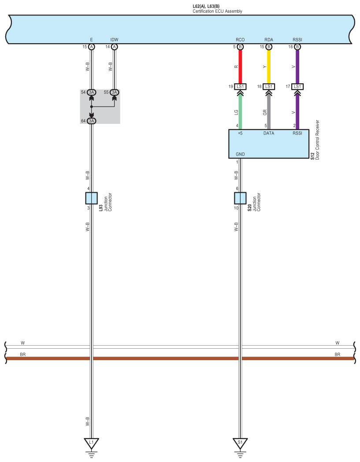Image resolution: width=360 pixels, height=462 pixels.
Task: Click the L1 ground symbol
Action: pyautogui.click(x=91, y=442)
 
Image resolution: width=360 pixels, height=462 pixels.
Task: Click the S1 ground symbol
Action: pyautogui.click(x=240, y=442)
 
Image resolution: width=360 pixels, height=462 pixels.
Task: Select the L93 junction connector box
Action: pyautogui.click(x=91, y=198)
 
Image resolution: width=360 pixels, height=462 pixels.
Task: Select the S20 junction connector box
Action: pyautogui.click(x=240, y=198)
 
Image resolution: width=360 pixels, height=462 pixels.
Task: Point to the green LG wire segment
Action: pyautogui.click(x=240, y=112)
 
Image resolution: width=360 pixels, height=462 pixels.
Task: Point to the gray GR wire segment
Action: pyautogui.click(x=269, y=112)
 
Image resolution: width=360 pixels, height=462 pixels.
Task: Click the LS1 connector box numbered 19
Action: pyautogui.click(x=240, y=86)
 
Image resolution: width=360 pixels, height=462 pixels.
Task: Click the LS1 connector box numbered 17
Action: pyautogui.click(x=297, y=86)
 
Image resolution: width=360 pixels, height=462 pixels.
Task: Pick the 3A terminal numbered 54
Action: pyautogui.click(x=91, y=92)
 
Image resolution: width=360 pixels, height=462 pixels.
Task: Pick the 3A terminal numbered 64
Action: pyautogui.click(x=91, y=121)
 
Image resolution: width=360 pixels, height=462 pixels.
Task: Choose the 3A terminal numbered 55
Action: pyautogui.click(x=114, y=92)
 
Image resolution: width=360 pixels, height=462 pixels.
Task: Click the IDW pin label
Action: pyautogui.click(x=114, y=40)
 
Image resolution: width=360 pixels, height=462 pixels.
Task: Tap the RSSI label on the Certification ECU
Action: pyautogui.click(x=297, y=40)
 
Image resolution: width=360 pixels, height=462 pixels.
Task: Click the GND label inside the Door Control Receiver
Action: pyautogui.click(x=240, y=154)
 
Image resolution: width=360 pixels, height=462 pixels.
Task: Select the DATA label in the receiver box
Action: pyautogui.click(x=269, y=133)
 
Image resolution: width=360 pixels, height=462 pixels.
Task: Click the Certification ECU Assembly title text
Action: pyautogui.click(x=217, y=11)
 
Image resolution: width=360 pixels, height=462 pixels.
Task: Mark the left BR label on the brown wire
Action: pyautogui.click(x=23, y=354)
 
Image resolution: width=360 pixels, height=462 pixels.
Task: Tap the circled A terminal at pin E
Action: pyautogui.click(x=91, y=47)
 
